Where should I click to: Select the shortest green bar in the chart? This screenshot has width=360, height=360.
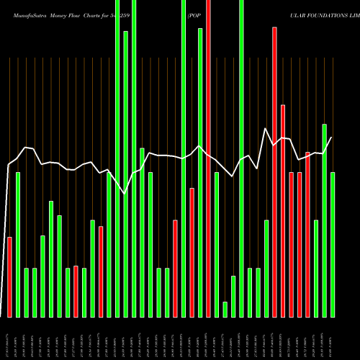[225, 309]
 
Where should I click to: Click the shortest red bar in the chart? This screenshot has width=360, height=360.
[76, 292]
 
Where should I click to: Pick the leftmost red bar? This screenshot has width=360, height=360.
[9, 276]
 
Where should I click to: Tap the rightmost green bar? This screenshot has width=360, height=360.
[333, 245]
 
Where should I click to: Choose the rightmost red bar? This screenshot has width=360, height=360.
[308, 234]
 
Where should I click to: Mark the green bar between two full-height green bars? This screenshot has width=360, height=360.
[125, 173]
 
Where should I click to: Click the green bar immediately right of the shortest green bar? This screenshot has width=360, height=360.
[233, 296]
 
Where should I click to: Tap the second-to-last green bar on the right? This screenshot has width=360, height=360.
[325, 220]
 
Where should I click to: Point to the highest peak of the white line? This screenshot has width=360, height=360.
[266, 129]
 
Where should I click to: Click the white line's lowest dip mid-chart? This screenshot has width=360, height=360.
[125, 193]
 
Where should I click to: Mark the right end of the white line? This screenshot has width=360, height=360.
[331, 138]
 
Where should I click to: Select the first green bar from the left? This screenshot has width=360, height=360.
[18, 245]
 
